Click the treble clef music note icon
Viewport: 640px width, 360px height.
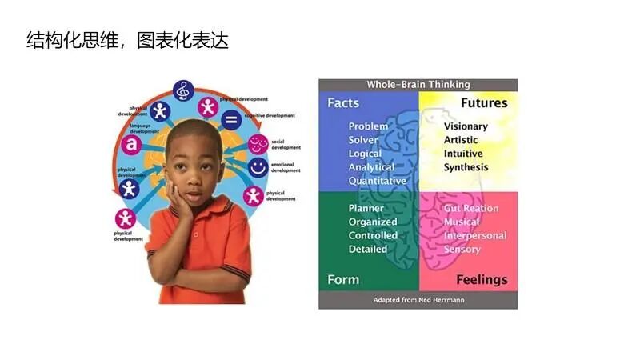click(x=184, y=90)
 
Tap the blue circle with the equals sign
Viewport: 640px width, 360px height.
click(x=230, y=121)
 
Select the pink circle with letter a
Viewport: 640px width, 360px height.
click(x=130, y=145)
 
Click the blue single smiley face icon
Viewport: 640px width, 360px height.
click(x=258, y=168)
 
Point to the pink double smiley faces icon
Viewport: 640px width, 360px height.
click(x=258, y=144)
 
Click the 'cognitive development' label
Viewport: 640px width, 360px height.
click(x=270, y=115)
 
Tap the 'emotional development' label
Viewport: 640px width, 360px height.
click(x=286, y=167)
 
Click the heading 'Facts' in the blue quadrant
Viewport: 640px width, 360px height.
click(x=343, y=103)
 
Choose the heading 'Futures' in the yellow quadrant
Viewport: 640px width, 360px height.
click(x=483, y=103)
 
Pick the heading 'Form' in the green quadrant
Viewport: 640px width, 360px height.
click(x=343, y=279)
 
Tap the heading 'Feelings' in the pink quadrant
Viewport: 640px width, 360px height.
click(x=482, y=279)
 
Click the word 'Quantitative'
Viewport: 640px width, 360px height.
click(x=377, y=181)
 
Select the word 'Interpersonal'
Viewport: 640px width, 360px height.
click(x=475, y=235)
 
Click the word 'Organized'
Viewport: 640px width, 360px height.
click(x=373, y=222)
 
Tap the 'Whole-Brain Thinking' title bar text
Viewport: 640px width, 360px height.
click(x=418, y=85)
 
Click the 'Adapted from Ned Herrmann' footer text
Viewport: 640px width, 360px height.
click(x=418, y=300)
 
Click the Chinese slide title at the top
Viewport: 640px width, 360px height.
click(x=127, y=40)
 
